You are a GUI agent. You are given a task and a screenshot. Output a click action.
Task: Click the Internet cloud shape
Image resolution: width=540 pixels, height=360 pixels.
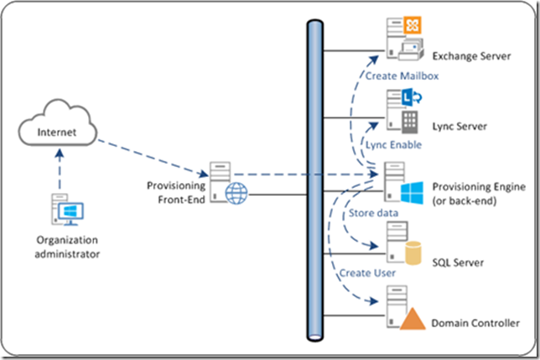[x=57, y=131]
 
